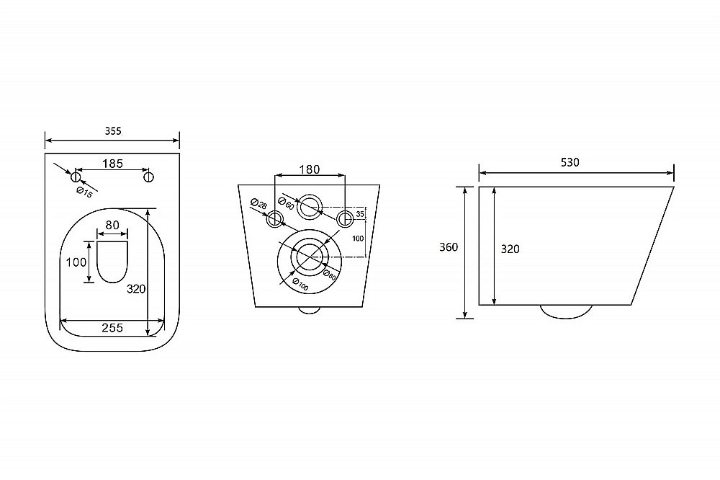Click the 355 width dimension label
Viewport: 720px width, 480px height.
[x=113, y=131]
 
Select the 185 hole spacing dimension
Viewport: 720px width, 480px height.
[x=112, y=163]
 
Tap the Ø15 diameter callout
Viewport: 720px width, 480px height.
[x=84, y=192]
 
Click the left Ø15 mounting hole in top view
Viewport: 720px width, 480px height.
[x=76, y=177]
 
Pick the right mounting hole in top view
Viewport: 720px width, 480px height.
[x=148, y=177]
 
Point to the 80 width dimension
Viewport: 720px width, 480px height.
[x=112, y=225]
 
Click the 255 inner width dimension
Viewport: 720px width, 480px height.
[x=112, y=327]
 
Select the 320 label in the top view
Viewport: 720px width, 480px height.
[x=136, y=289]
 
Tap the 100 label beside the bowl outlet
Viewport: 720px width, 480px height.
[x=76, y=262]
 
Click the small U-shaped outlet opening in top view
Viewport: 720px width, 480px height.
[x=112, y=262]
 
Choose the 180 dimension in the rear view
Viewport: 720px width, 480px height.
[x=310, y=169]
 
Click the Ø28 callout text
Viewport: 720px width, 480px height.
[x=259, y=204]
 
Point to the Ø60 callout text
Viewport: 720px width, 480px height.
[x=286, y=203]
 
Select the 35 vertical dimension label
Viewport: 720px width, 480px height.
[x=360, y=214]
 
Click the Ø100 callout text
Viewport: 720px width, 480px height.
[x=301, y=285]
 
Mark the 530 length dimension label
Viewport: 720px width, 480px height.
[x=570, y=162]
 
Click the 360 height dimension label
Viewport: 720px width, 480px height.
[x=449, y=247]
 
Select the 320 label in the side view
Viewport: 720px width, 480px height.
[x=510, y=249]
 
